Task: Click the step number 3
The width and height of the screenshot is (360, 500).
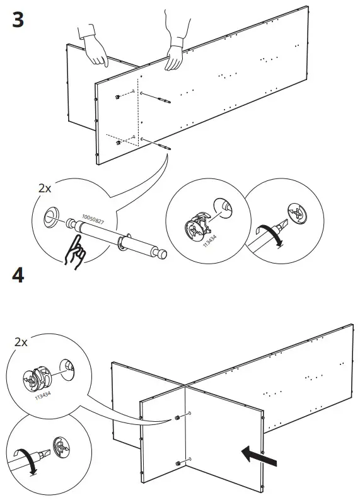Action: click(x=18, y=20)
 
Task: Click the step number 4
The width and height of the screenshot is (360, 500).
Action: click(x=18, y=275)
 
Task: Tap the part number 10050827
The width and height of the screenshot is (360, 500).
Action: click(x=93, y=219)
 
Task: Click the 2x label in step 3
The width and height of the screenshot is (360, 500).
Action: click(x=45, y=189)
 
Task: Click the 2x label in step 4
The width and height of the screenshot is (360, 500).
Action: click(x=21, y=342)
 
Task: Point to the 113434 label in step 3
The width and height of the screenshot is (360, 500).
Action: click(x=210, y=241)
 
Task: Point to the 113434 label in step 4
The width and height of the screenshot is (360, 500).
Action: click(x=43, y=396)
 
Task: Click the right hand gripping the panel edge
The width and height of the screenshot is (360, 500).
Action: click(x=175, y=52)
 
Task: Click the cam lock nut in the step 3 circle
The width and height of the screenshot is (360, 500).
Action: click(x=196, y=226)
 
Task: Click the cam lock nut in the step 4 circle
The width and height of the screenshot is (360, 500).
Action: click(x=37, y=378)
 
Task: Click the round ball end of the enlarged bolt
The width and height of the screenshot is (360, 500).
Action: click(x=161, y=254)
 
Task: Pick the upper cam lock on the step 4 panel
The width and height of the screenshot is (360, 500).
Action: click(x=177, y=418)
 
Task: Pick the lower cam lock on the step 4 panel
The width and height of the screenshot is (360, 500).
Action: click(x=177, y=463)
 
